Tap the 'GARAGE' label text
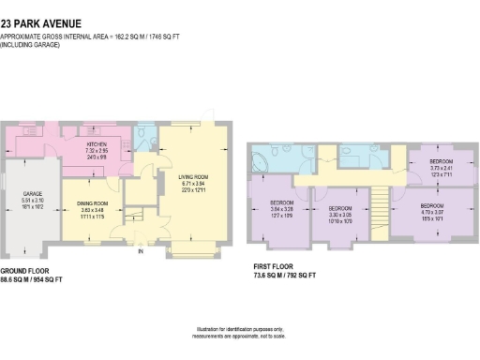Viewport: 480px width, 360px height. coord(34,194)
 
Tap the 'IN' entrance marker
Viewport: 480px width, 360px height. coord(141,251)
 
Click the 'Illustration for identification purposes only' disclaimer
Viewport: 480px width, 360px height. coord(239,329)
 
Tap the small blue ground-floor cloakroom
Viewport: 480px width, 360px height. coord(146,138)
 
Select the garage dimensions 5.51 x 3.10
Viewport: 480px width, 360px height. coord(34,201)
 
